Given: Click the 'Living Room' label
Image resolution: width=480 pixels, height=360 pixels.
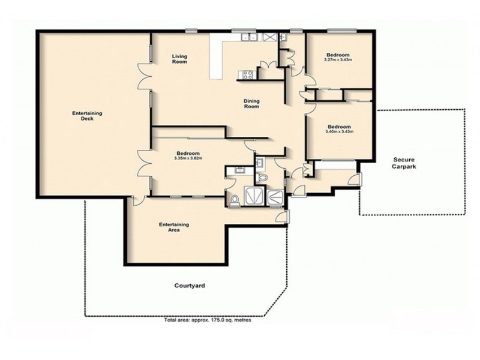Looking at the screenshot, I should click(179, 59).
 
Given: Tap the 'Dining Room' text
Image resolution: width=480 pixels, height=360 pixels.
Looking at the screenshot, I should click(251, 104).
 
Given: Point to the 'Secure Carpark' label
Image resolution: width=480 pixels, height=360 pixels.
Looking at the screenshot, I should click(404, 163).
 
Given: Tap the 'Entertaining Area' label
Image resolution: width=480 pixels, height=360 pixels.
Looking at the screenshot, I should click(175, 227).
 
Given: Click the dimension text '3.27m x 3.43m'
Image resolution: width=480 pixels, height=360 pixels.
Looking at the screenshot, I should click(337, 59).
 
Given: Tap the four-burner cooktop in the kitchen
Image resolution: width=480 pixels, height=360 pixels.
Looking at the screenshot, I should click(247, 74).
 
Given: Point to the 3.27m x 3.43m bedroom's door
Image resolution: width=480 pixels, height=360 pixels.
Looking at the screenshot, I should click(305, 82).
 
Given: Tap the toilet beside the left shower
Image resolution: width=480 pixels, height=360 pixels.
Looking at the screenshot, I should click(235, 199).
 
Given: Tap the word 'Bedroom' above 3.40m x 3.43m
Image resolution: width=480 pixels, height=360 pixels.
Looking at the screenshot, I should click(339, 126).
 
